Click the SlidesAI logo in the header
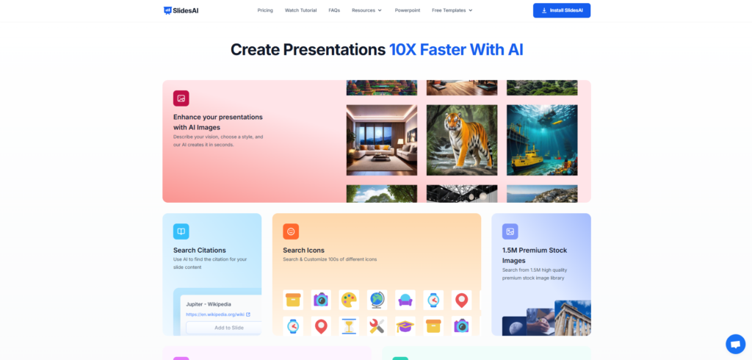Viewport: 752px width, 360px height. click(181, 10)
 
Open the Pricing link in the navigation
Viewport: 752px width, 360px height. click(264, 10)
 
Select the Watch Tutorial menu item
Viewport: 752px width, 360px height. click(300, 10)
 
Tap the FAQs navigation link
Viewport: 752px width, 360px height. click(334, 10)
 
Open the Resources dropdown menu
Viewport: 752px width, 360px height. click(367, 10)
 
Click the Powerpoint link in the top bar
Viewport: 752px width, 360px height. click(408, 10)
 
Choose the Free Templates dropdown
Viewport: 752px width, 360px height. click(452, 10)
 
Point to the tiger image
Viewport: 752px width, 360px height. click(462, 140)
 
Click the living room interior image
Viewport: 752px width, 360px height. click(382, 140)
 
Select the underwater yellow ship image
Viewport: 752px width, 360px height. click(542, 140)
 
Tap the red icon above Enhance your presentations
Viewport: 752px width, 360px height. click(181, 98)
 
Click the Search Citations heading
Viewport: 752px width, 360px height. click(200, 250)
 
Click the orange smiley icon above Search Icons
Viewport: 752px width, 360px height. click(291, 231)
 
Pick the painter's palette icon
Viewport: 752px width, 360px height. click(349, 300)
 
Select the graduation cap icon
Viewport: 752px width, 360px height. click(405, 326)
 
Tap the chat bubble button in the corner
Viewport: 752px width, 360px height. click(735, 344)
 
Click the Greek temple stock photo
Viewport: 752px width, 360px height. click(573, 318)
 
